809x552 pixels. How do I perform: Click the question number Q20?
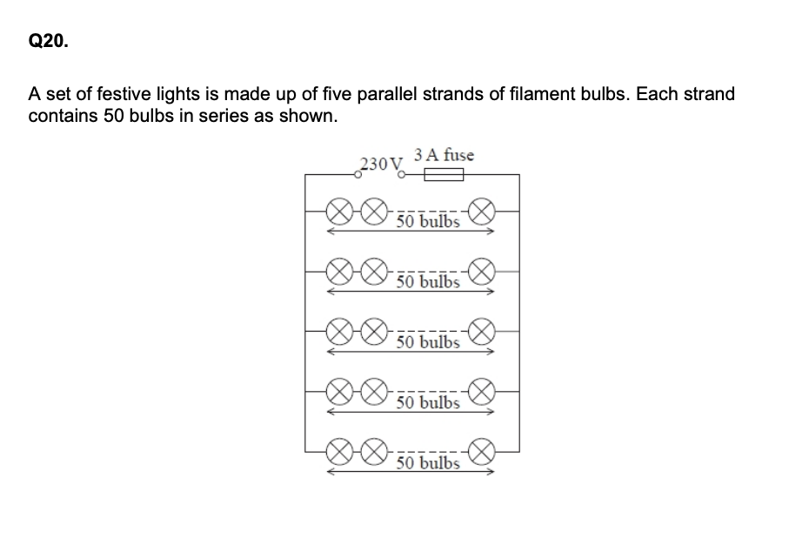point(47,41)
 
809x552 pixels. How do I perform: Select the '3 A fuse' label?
point(445,155)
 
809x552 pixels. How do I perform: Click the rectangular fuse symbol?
point(443,175)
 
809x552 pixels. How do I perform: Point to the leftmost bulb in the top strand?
point(339,211)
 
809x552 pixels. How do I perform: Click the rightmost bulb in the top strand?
point(483,211)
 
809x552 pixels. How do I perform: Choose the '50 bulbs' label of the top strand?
point(427,221)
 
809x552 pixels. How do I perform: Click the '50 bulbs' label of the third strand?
point(427,342)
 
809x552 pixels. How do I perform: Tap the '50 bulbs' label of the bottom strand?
point(427,462)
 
